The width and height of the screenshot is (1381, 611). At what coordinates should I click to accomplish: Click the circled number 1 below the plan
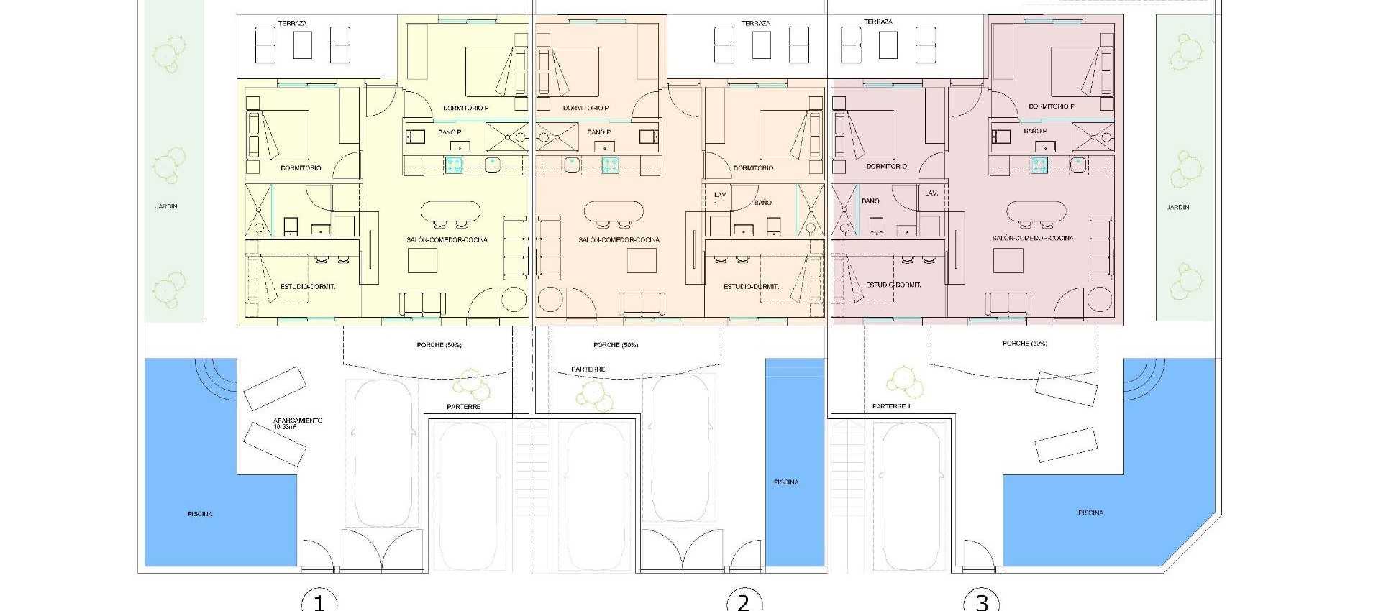[319, 601]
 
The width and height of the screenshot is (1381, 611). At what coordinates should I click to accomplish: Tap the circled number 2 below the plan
[743, 601]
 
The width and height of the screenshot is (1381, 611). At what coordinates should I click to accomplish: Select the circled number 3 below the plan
[982, 601]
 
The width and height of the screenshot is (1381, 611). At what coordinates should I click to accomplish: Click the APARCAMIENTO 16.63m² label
[298, 423]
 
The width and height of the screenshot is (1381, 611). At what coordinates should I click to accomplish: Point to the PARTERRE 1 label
[891, 407]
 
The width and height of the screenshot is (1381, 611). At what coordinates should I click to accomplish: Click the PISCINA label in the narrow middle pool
[786, 482]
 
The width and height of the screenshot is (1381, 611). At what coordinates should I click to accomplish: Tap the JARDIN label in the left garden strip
[166, 206]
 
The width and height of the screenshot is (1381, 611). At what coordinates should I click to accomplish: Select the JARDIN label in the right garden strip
[1178, 207]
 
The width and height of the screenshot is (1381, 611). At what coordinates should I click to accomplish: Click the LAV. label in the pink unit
[931, 193]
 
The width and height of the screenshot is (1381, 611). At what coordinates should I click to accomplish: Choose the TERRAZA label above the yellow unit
[292, 23]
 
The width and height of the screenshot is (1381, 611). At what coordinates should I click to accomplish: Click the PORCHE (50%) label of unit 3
[1024, 344]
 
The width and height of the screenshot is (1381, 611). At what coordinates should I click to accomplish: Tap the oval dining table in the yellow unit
[450, 211]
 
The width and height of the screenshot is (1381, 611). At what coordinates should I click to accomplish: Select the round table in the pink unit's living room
[1099, 298]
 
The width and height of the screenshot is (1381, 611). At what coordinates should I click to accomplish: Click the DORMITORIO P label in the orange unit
[585, 108]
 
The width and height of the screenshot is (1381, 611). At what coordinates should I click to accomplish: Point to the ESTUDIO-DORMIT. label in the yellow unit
[308, 286]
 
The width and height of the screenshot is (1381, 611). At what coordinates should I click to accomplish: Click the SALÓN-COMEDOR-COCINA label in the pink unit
[1032, 238]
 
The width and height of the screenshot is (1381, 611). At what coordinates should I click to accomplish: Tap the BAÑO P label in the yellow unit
[450, 132]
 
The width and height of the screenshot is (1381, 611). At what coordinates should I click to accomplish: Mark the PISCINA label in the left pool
[200, 514]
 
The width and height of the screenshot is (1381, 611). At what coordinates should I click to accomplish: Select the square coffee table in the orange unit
[642, 260]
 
